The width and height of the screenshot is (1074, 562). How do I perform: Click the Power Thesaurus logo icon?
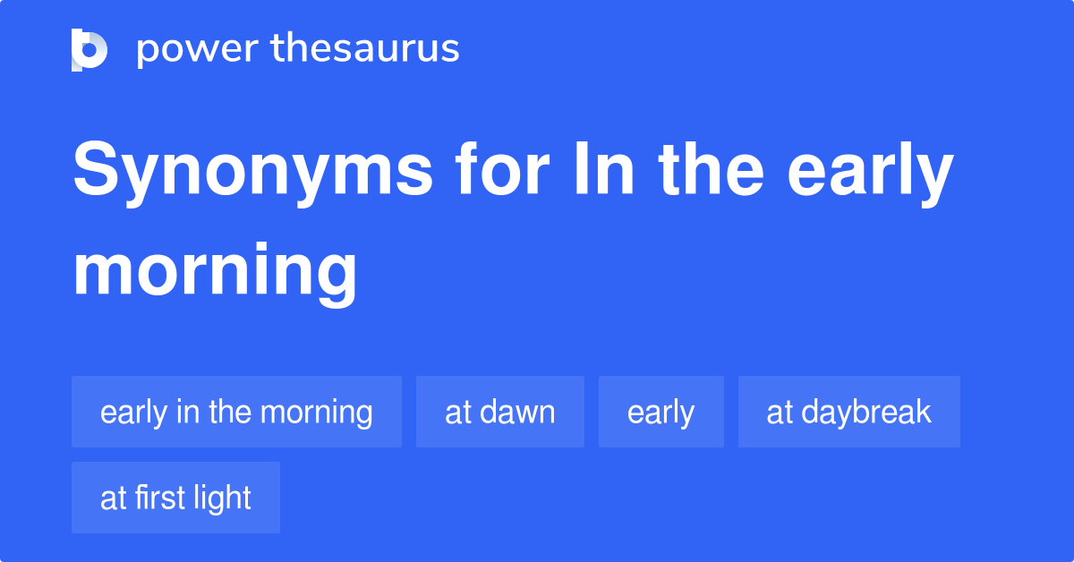89,49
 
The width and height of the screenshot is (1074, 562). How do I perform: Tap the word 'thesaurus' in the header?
365,49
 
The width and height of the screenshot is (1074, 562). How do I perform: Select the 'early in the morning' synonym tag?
236,412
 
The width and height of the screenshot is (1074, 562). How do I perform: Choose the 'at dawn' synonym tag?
499,412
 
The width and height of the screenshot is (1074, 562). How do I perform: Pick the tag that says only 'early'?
661,412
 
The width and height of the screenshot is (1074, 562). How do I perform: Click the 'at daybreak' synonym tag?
848,412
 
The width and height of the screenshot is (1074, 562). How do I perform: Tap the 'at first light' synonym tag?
175,498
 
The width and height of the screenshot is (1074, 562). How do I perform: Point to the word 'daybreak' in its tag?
866,412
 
